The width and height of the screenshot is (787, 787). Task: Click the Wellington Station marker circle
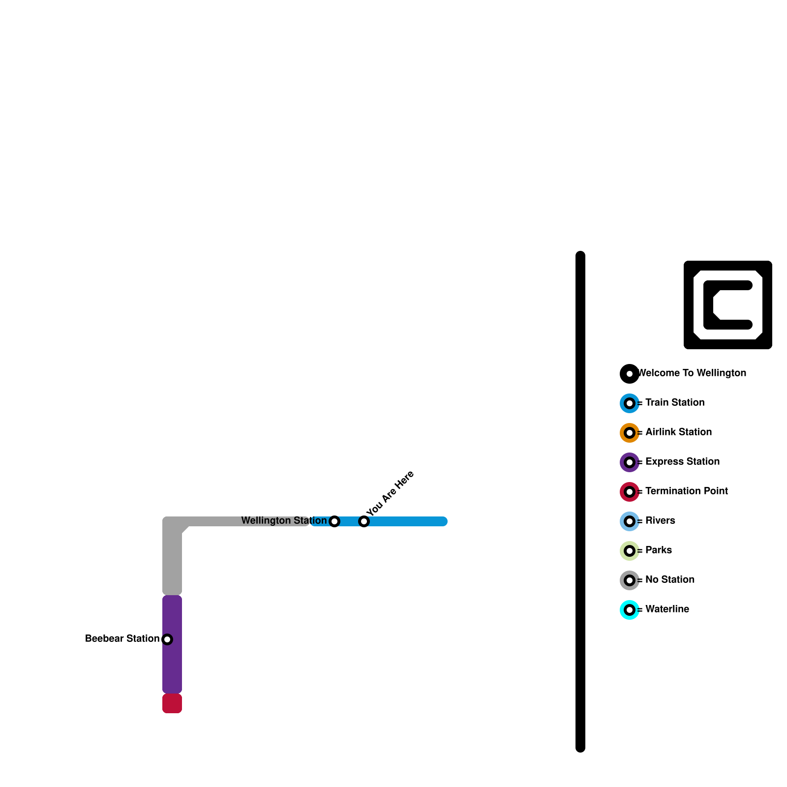(x=334, y=521)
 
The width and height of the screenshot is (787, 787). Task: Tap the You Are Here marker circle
(x=364, y=521)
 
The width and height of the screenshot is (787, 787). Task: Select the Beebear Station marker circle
(x=167, y=639)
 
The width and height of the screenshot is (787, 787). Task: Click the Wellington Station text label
(x=283, y=520)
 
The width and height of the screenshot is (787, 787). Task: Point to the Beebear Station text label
(x=122, y=638)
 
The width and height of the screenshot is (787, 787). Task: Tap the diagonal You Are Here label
(x=391, y=493)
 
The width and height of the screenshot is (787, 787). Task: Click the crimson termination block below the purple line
(x=172, y=703)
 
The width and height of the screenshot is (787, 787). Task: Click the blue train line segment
(x=408, y=521)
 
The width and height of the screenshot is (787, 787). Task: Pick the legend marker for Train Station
(x=630, y=403)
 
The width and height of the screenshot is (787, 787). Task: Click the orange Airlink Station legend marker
(x=630, y=433)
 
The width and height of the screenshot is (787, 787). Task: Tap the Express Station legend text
(x=682, y=461)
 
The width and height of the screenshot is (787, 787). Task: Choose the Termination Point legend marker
(x=630, y=492)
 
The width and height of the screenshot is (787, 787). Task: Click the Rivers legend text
(x=660, y=520)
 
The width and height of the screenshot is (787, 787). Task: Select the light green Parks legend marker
(x=630, y=551)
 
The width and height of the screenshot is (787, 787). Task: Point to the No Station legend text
(x=669, y=579)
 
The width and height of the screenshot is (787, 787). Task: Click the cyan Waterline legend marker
(x=630, y=610)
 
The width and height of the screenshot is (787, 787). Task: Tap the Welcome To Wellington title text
(x=693, y=373)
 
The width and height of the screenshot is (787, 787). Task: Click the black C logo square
(x=728, y=305)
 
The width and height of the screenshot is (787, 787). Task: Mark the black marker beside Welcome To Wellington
(x=630, y=374)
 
